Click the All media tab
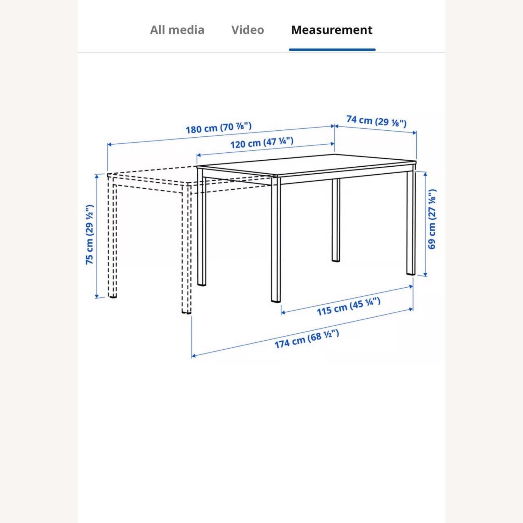click(x=177, y=30)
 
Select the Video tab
click(x=248, y=30)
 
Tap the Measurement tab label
click(x=332, y=30)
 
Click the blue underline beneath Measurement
click(x=332, y=50)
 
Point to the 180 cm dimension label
click(x=219, y=128)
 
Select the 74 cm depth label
click(x=377, y=121)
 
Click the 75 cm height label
click(x=90, y=234)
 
